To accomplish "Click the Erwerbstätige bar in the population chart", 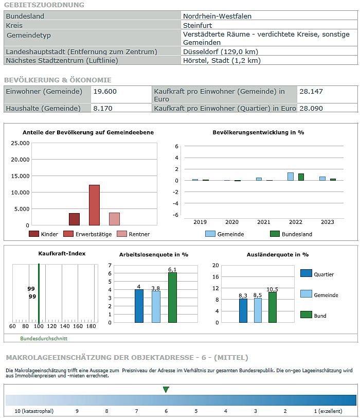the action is coord(94,205).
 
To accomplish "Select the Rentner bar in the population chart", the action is coord(114,219).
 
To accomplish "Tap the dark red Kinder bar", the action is coord(74,219).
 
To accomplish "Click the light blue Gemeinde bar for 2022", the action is coord(291,177).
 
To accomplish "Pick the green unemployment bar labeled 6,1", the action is coord(173,297).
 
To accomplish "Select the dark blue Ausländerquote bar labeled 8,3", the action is coord(243,310).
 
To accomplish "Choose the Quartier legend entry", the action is coord(317,274).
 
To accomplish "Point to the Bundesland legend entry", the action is coord(291,234).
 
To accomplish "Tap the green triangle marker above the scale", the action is coord(166,390).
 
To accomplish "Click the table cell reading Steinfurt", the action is coord(197,25).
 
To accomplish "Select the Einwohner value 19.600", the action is coord(105,92).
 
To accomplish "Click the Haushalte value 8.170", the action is coord(103,108).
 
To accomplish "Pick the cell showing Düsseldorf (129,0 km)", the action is coord(221,51).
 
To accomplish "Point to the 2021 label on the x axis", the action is coord(264,222).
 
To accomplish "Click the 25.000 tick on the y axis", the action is coord(20,143).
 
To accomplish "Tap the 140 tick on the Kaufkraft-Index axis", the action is coord(65,326).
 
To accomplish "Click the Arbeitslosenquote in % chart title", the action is coord(154,255).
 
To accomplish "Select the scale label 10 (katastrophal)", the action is coord(34,411).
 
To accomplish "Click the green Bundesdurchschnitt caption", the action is coord(44,338).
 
